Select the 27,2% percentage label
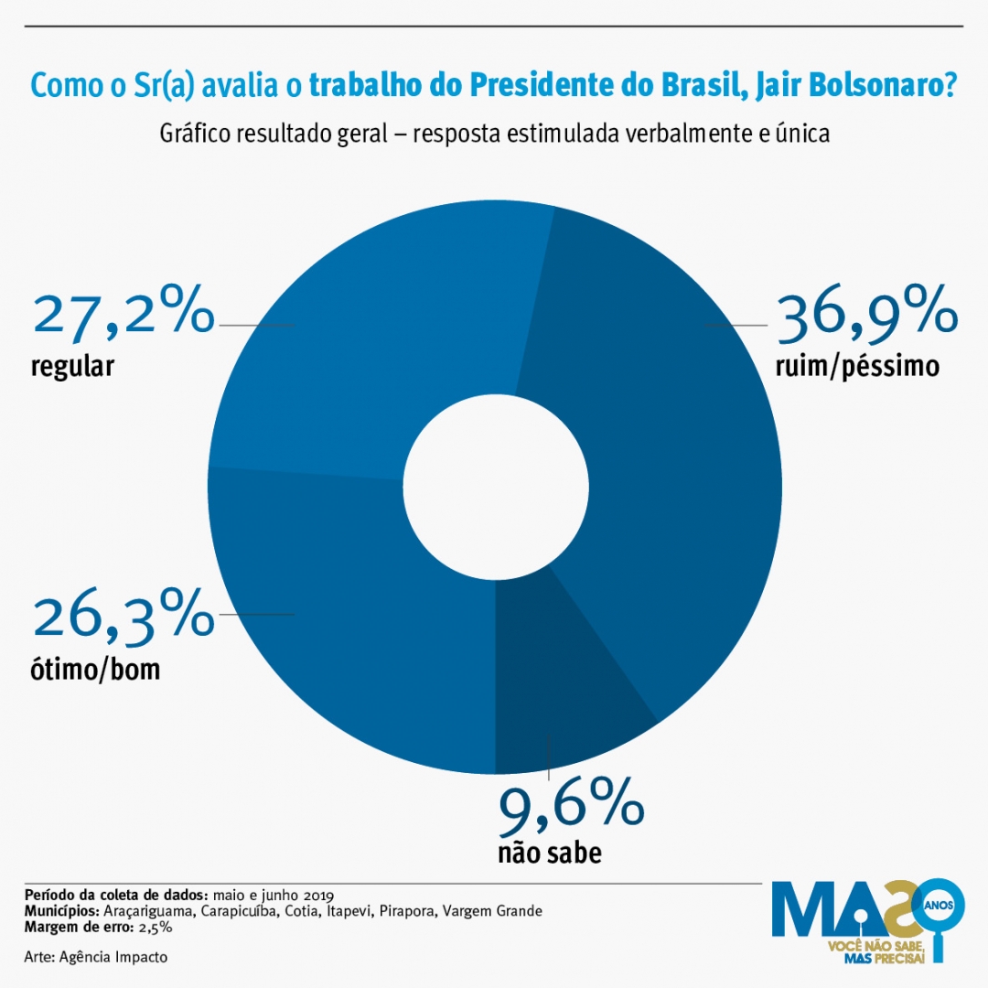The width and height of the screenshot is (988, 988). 123,314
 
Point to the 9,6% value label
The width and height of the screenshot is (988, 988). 572,806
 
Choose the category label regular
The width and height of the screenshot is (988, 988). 72,367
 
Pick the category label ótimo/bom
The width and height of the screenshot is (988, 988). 95,670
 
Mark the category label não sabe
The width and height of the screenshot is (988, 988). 550,854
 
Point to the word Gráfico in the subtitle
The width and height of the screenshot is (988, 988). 195,134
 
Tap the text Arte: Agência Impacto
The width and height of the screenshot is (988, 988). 96,957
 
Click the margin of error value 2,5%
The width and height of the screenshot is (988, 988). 156,928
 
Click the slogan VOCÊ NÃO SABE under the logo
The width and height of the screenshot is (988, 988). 875,943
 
